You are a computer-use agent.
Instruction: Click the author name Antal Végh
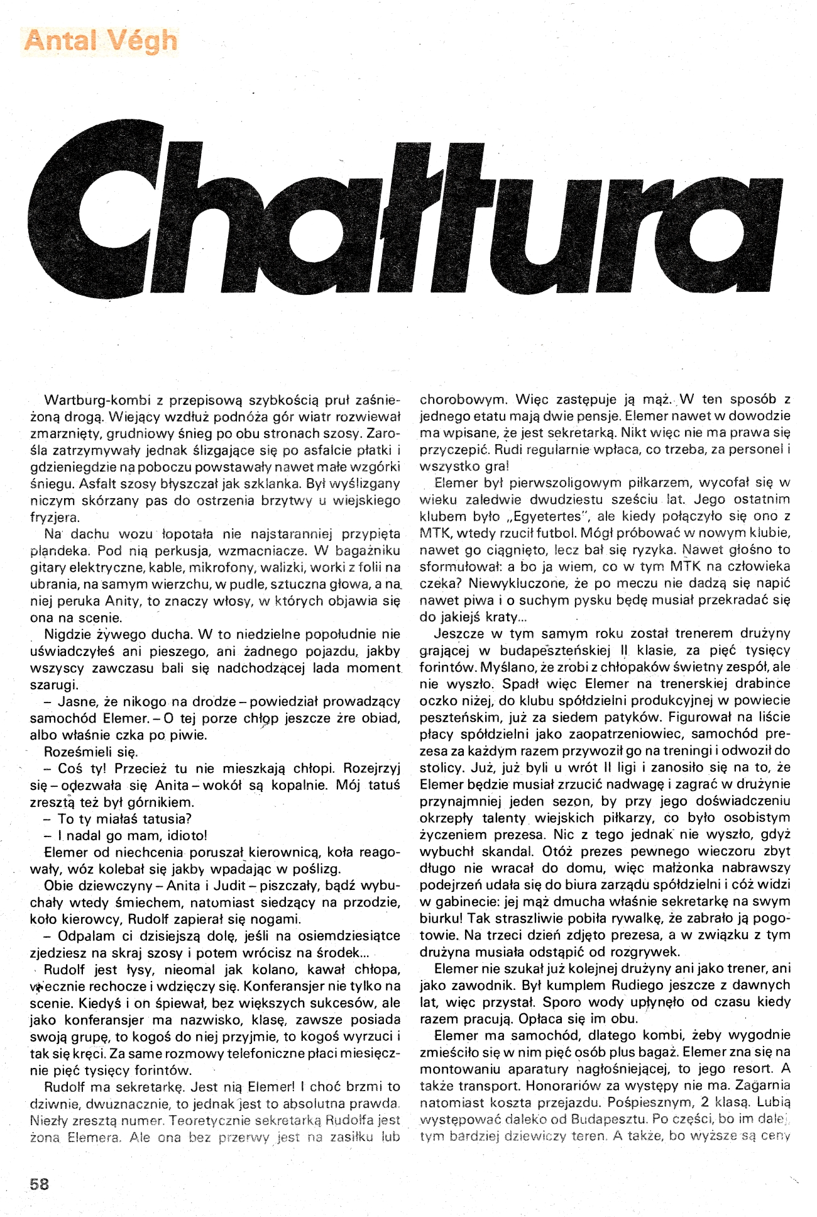coord(101,41)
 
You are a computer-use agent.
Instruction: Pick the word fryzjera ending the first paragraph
coord(55,518)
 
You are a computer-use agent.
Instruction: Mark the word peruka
coord(78,601)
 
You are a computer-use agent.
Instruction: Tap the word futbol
coord(556,533)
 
